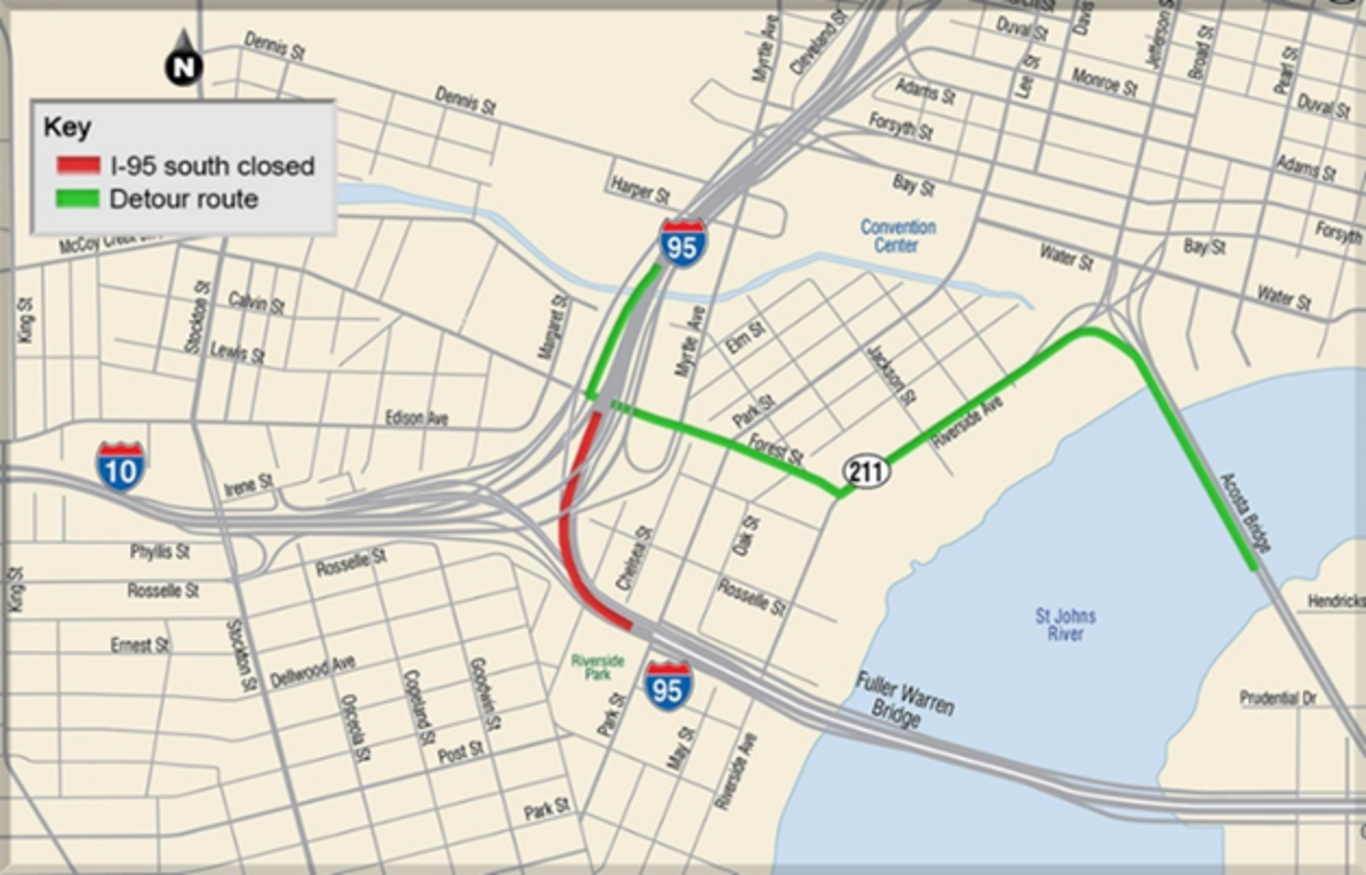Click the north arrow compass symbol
(x=183, y=60)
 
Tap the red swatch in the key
(x=78, y=166)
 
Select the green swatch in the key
(x=78, y=199)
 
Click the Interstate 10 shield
(x=120, y=467)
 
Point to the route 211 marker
(x=865, y=471)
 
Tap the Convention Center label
(x=897, y=236)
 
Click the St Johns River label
(x=1065, y=624)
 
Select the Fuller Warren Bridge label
(x=903, y=699)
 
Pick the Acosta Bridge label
(x=1246, y=512)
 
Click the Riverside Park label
(x=598, y=666)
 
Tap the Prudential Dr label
(x=1278, y=698)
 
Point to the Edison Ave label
(x=416, y=418)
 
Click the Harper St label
(x=640, y=190)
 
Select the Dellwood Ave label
(x=312, y=671)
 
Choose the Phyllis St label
(x=160, y=551)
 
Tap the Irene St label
(x=248, y=486)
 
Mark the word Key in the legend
(x=67, y=127)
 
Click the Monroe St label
(x=1104, y=83)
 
